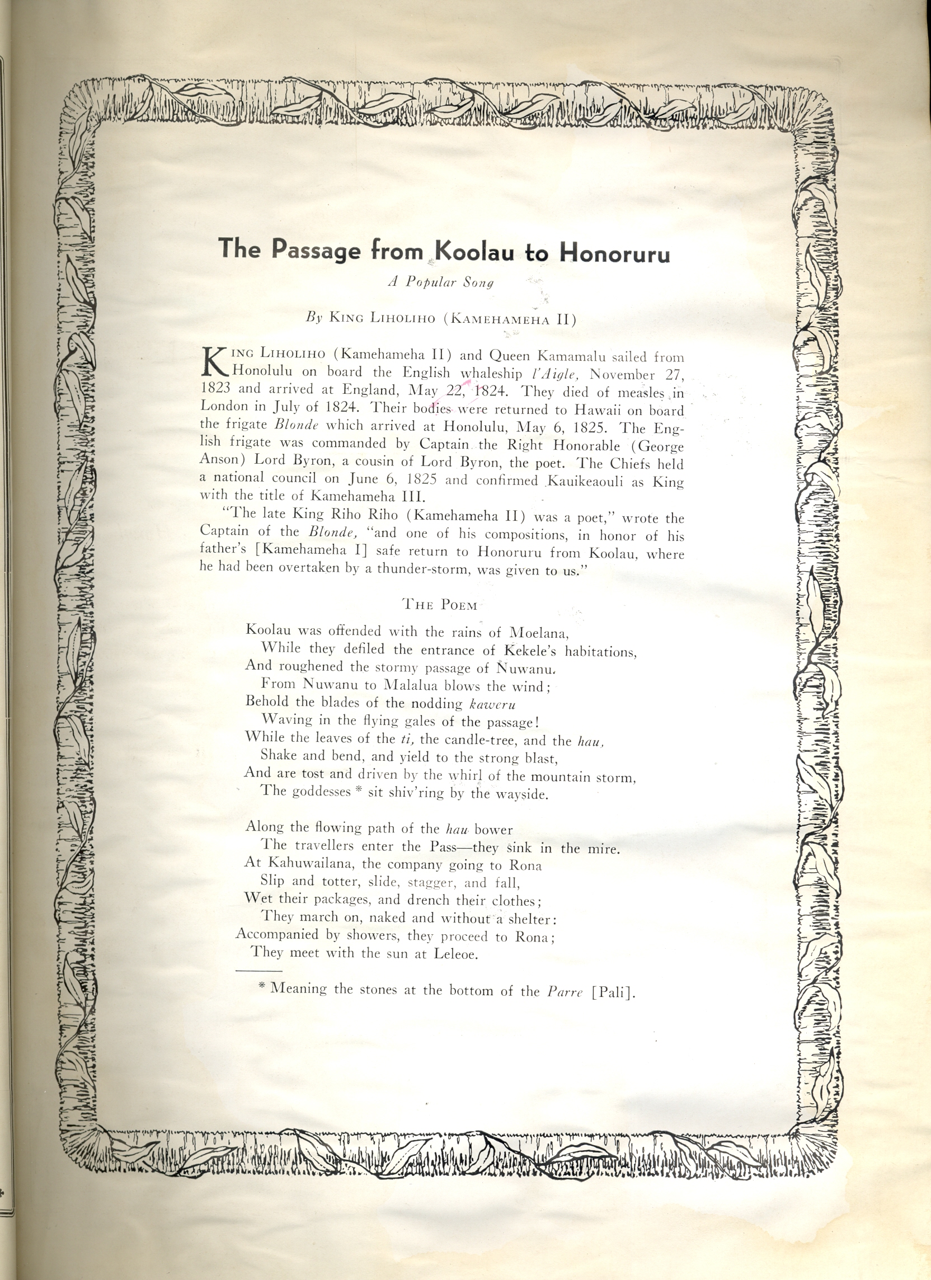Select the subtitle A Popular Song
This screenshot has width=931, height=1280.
coord(440,282)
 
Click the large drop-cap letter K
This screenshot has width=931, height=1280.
coord(214,362)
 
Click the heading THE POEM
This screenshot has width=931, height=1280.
coord(440,605)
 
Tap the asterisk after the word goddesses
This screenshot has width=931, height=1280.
coord(358,791)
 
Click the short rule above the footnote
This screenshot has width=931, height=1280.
coord(258,971)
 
